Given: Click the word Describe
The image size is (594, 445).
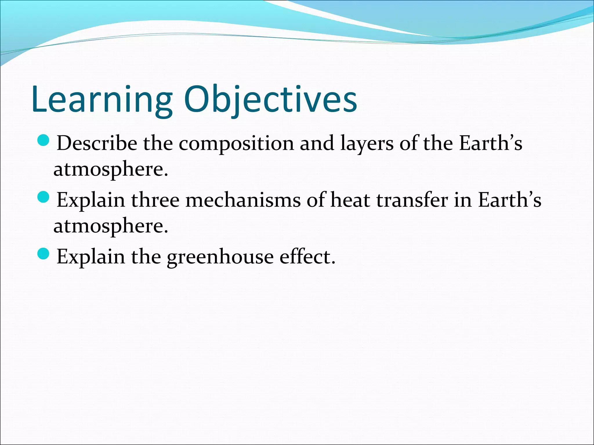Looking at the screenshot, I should coord(97,143).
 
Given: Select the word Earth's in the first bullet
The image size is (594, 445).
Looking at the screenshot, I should coord(490,143).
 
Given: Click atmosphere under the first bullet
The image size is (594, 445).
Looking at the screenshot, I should coord(111,169).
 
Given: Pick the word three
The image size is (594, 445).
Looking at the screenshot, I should coord(155,200).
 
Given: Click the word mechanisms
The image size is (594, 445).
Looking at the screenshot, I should coord(243,200).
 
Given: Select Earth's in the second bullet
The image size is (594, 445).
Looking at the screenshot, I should coord(509,200).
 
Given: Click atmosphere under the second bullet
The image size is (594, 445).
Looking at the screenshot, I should coord(111,226).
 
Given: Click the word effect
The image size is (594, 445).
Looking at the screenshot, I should coord(307,257).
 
